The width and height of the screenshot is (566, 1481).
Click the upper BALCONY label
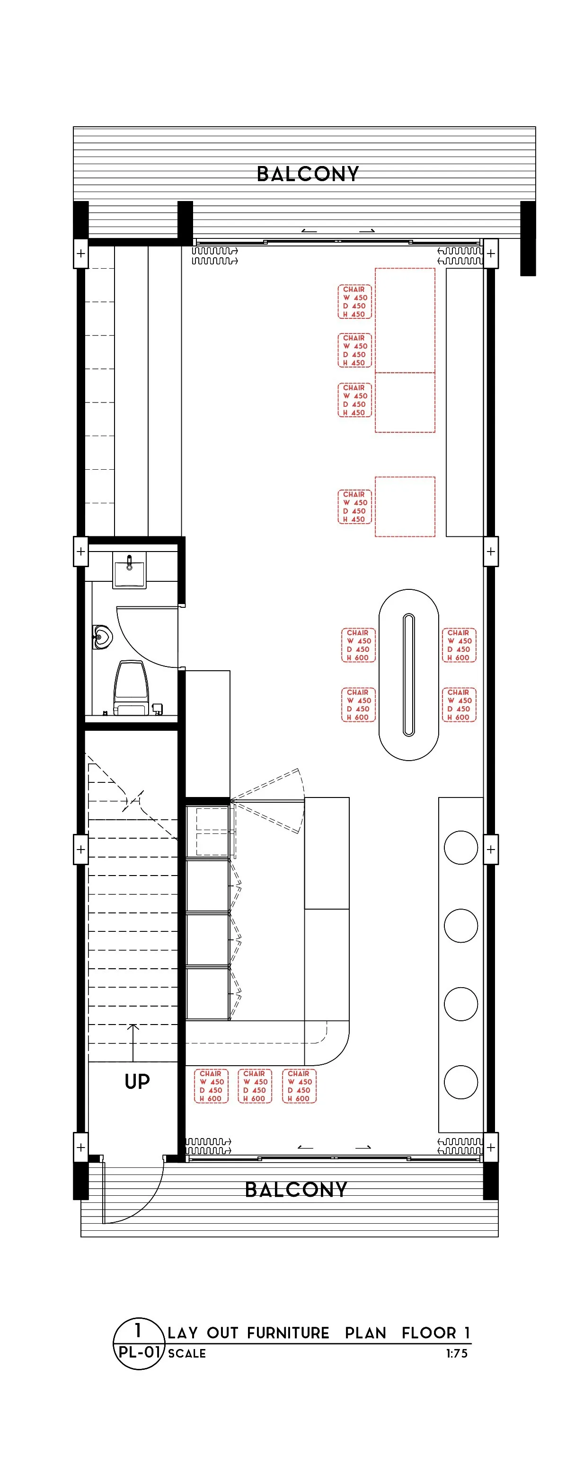click(308, 174)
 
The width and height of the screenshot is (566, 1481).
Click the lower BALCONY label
click(296, 1189)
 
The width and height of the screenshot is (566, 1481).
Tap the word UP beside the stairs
click(137, 1081)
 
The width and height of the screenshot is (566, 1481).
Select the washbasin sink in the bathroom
click(129, 570)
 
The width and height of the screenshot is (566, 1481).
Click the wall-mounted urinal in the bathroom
click(101, 637)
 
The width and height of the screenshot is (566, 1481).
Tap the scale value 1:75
click(457, 1353)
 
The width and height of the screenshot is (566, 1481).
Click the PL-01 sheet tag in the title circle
click(138, 1352)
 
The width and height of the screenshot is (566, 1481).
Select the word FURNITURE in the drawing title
click(288, 1332)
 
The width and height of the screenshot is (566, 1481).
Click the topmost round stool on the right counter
click(461, 848)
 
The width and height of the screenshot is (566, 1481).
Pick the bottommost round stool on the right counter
click(461, 1082)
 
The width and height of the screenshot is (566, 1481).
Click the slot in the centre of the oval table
click(408, 675)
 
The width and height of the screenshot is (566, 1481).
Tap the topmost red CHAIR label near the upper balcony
click(354, 302)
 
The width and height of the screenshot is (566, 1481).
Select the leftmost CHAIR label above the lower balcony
click(211, 1086)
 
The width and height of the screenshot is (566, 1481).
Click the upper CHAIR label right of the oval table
click(459, 645)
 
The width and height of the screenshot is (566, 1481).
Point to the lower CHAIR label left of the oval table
click(358, 705)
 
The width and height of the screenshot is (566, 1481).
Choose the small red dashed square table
click(405, 507)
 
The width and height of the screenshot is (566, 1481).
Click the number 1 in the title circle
click(138, 1330)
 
